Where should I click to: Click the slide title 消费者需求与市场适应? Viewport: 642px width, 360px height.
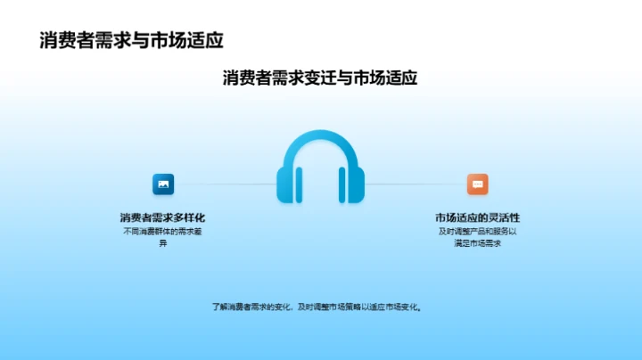[x=131, y=39]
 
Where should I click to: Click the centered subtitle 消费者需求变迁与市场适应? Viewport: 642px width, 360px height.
[x=320, y=78]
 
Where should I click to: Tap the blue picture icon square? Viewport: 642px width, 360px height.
[x=163, y=184]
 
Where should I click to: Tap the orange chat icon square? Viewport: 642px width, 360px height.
[x=478, y=184]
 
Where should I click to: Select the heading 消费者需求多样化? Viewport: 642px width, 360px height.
[x=163, y=217]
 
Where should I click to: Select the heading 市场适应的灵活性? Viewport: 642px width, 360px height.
[x=478, y=217]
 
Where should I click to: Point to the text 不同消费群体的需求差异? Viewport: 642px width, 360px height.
[x=163, y=237]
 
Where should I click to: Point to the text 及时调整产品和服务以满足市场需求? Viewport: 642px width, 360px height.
[x=478, y=237]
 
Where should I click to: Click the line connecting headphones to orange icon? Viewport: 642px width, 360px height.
[x=415, y=184]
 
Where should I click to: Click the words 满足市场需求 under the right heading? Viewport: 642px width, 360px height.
[x=478, y=243]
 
